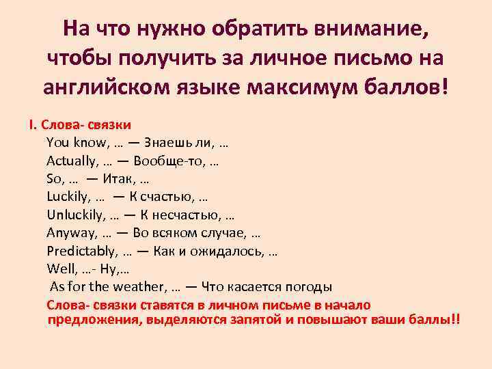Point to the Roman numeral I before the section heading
pos(31,125)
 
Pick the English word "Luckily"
pos(66,197)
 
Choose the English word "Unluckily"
pos(73,215)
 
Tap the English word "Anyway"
pos(68,232)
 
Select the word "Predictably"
pos(78,250)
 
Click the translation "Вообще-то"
pos(166,161)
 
